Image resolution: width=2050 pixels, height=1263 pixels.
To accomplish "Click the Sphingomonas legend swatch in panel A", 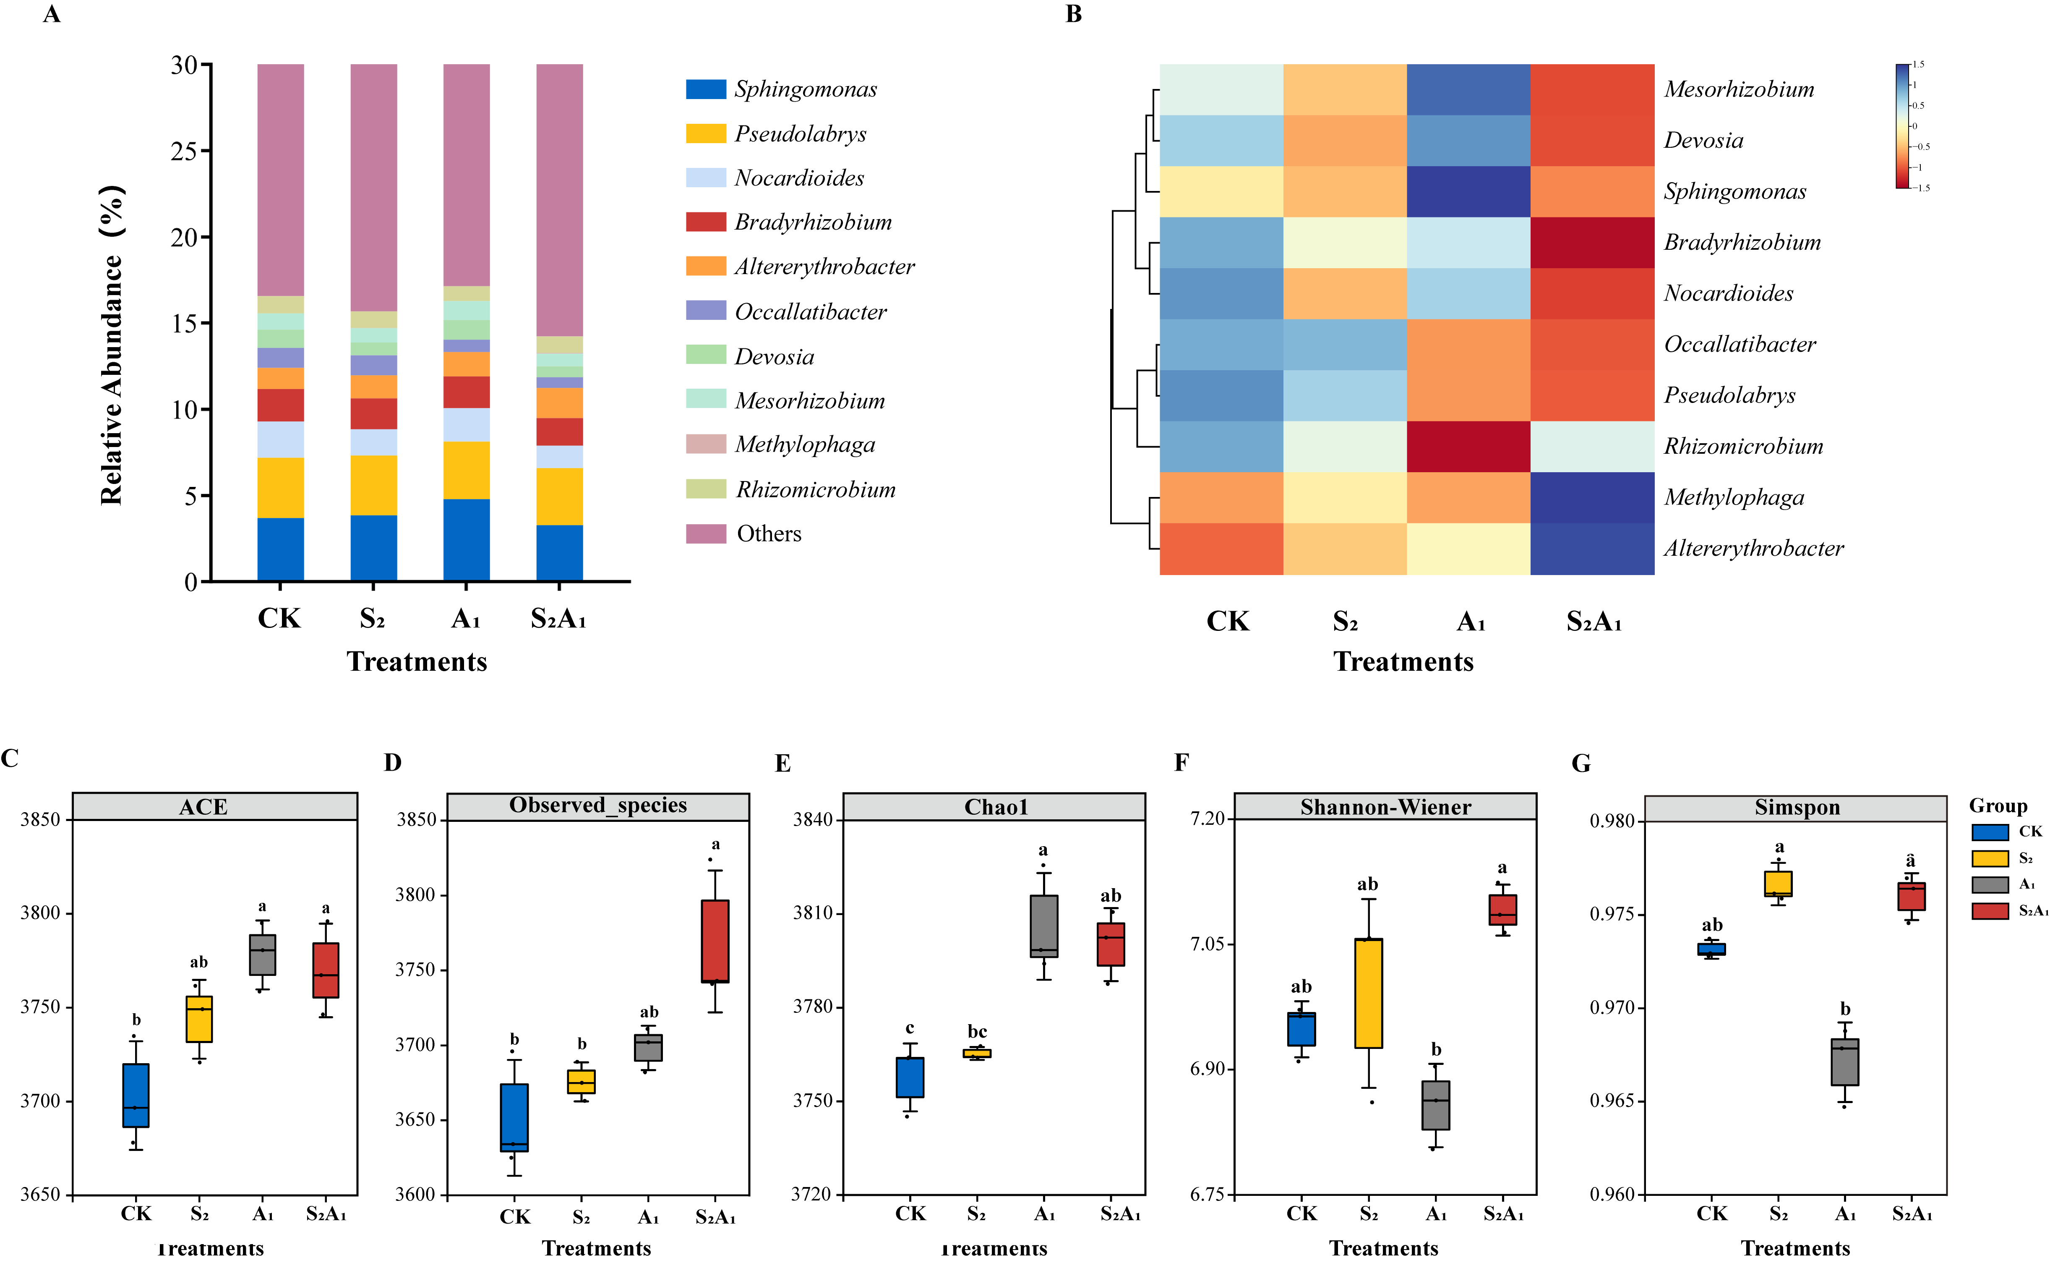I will pos(706,89).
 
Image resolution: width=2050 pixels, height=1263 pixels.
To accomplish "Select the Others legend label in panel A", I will pos(768,534).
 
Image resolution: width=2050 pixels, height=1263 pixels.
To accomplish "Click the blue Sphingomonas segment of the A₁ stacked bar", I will pos(466,540).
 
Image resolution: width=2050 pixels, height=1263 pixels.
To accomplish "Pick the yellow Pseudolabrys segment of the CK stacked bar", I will pos(281,488).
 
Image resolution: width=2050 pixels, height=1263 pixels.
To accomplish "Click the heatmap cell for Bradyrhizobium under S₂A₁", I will pos(1591,242).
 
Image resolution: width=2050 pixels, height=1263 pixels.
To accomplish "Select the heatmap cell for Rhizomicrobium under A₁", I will pos(1468,446).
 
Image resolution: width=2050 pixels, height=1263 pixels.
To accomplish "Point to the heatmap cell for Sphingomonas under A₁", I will pos(1468,191).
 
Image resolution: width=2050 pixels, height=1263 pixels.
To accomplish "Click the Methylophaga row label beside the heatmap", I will pos(1734,498).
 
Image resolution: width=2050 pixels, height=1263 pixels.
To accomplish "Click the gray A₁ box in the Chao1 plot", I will pos(1044,926).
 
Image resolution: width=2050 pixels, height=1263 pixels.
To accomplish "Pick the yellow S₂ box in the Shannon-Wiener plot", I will pos(1368,992).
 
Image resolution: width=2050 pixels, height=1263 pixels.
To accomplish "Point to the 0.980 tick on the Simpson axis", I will pos(1612,821).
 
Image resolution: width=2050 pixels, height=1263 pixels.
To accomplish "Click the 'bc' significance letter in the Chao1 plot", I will pos(977,1032).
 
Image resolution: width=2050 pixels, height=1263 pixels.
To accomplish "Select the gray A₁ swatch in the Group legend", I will pos(1990,884).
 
